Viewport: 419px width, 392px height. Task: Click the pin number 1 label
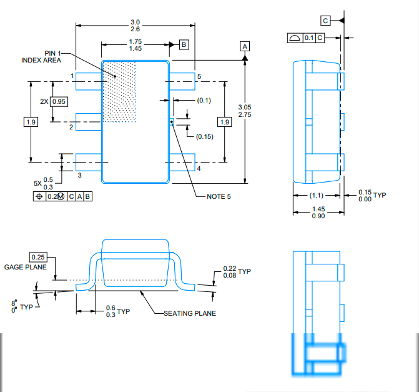(x=72, y=76)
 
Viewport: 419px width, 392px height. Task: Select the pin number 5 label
(x=199, y=76)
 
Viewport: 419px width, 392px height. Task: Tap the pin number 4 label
(x=199, y=169)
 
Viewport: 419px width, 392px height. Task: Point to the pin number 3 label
(x=79, y=175)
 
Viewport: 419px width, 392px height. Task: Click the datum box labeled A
(x=245, y=47)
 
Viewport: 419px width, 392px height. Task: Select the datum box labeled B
(x=184, y=44)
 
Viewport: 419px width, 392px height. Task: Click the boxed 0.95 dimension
(x=59, y=101)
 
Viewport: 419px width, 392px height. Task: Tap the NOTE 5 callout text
(x=219, y=196)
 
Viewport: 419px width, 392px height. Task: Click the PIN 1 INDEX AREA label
(x=43, y=56)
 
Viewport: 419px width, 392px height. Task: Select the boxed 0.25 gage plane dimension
(x=39, y=257)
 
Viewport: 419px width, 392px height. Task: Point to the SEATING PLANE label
(x=189, y=313)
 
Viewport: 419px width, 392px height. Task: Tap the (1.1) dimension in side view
(x=317, y=195)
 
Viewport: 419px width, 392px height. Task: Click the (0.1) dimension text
(x=204, y=100)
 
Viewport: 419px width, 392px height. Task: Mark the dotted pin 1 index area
(x=119, y=91)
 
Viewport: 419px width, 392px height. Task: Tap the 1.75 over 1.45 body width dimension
(x=135, y=45)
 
